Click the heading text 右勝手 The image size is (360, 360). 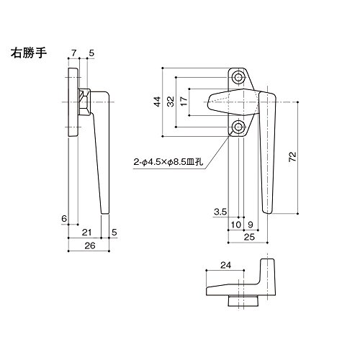click(29, 53)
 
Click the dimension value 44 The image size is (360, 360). click(157, 102)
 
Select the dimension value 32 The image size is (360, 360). click(171, 102)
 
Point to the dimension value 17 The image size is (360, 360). click(184, 102)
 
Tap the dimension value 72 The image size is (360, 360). click(292, 157)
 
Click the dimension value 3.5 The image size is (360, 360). click(220, 212)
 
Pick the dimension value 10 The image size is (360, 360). click(235, 225)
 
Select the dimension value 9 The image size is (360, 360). click(251, 225)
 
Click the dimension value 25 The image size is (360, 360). click(249, 237)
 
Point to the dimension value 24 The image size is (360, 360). click(225, 265)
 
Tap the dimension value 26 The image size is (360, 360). click(90, 246)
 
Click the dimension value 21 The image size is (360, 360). click(86, 233)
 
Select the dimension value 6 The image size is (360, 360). click(64, 219)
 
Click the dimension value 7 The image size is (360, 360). click(73, 53)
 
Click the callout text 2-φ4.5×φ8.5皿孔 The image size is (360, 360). click(168, 163)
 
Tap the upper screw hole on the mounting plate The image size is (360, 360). click(238, 78)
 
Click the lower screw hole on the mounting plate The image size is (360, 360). click(238, 127)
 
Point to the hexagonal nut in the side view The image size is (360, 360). click(84, 102)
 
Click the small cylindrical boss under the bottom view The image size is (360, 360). click(243, 301)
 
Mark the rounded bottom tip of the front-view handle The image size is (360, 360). click(267, 212)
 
